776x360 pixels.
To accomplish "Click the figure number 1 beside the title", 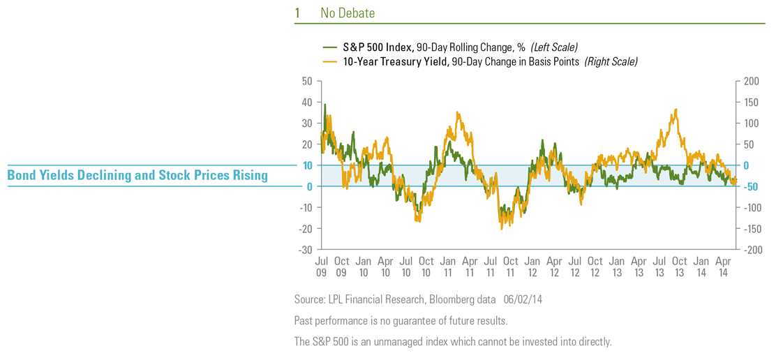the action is click(297, 13).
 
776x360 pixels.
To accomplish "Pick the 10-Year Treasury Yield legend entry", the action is click(479, 62).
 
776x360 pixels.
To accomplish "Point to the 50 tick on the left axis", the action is click(306, 81).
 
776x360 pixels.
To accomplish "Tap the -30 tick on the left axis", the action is click(305, 249).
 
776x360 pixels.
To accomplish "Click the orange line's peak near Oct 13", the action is click(676, 110).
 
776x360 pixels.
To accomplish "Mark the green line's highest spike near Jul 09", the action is click(324, 105).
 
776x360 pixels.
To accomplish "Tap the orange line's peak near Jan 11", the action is click(458, 112).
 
